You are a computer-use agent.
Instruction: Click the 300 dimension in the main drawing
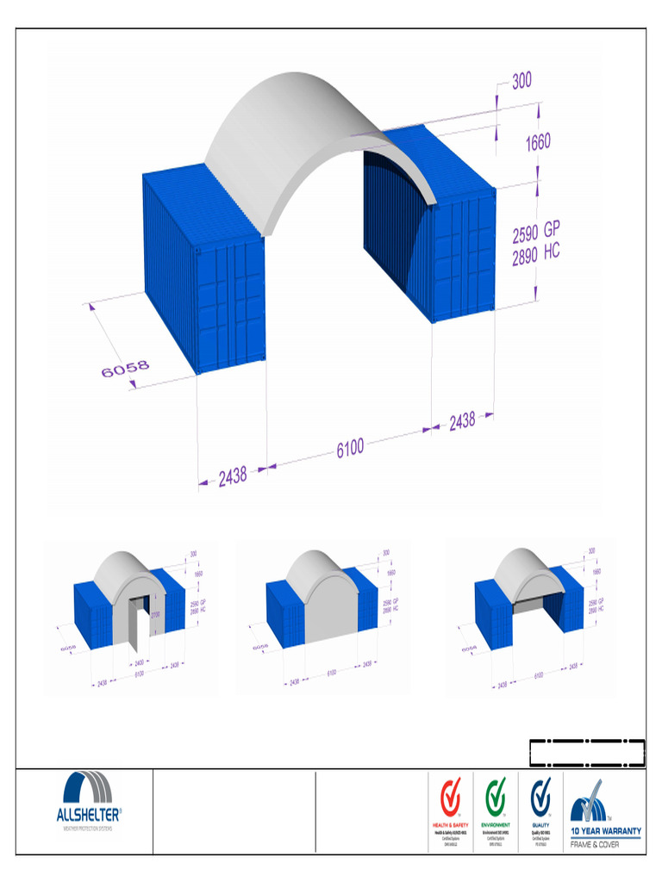coord(521,81)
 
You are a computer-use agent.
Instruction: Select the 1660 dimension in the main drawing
coord(538,141)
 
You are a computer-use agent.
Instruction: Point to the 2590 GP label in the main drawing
coord(536,233)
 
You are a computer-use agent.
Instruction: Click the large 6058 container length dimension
coord(125,369)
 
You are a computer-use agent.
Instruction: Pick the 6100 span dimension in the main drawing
coord(350,447)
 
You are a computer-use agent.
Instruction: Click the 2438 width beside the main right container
coord(461,421)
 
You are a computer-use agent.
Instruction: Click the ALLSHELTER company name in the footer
coord(89,814)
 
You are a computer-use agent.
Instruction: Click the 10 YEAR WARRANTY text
coord(606,831)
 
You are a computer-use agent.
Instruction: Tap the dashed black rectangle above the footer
coord(587,752)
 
